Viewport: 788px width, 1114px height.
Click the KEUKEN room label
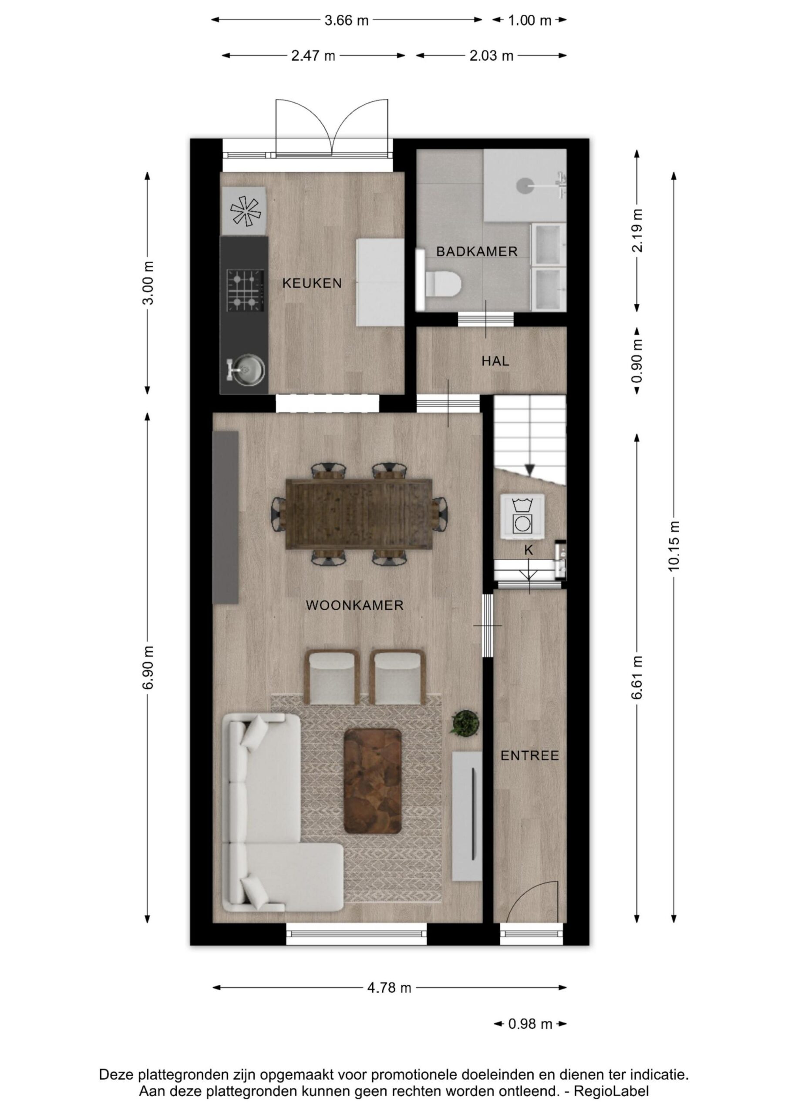312,283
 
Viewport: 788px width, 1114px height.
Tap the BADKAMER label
477,252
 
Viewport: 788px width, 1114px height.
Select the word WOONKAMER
354,605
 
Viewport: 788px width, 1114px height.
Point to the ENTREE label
530,755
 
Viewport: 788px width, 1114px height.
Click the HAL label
495,361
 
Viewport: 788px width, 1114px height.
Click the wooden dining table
359,514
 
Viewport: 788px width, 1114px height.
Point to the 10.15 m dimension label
674,546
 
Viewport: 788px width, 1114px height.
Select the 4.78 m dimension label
389,988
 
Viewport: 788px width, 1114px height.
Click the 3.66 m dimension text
347,20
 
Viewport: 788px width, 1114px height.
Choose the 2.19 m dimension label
637,231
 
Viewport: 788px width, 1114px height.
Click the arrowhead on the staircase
530,470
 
